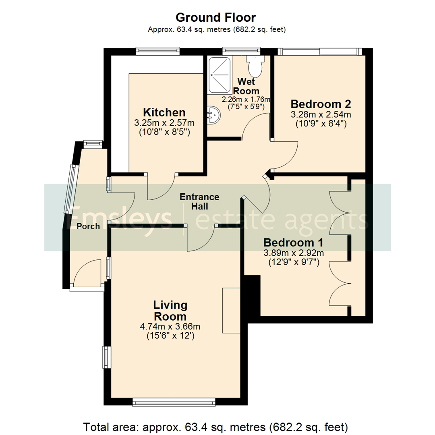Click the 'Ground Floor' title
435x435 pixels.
[x=215, y=17]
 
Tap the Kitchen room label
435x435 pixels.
[x=164, y=112]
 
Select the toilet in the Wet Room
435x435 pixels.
[x=255, y=66]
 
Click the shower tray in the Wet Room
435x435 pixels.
[x=220, y=75]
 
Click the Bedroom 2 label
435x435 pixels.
[x=321, y=104]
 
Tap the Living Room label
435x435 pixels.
[x=170, y=310]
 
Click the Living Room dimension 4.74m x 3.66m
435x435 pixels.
[x=170, y=326]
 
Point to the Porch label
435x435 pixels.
[x=88, y=226]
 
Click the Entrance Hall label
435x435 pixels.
[x=199, y=201]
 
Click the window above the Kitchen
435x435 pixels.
[x=157, y=51]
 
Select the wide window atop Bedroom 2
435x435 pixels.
[x=319, y=51]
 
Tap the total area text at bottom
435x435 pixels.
[x=215, y=426]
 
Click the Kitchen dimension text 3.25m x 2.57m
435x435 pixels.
[x=164, y=123]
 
